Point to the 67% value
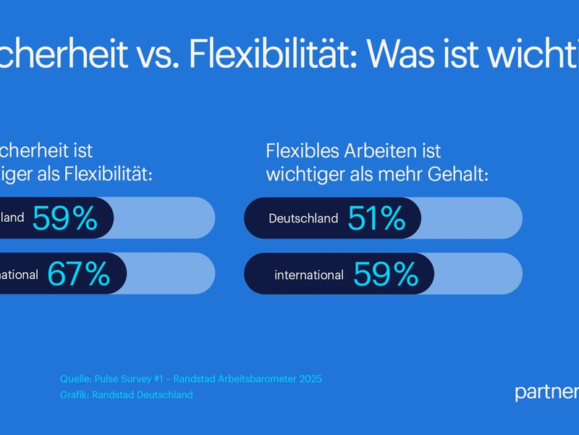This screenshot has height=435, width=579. point(79,274)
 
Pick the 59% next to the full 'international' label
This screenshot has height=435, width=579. point(386,274)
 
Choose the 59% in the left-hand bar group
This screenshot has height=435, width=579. point(64,218)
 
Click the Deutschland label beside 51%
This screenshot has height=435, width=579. point(303,218)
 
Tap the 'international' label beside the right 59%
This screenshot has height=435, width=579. point(309,275)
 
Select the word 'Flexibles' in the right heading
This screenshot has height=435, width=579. point(300,152)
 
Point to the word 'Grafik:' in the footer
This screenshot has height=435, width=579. point(75,395)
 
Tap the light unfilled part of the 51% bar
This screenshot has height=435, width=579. point(470,218)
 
